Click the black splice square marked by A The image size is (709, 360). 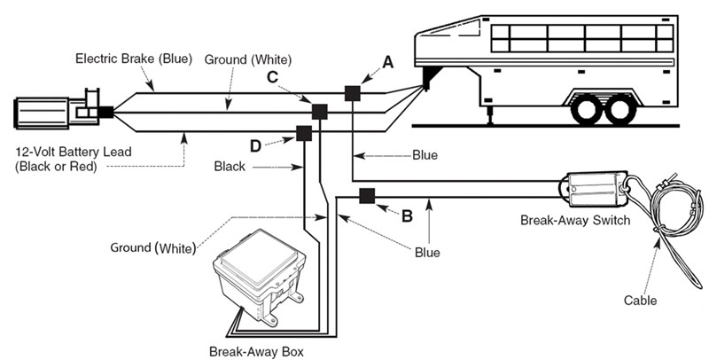pyautogui.click(x=352, y=92)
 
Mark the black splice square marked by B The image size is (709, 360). pyautogui.click(x=364, y=196)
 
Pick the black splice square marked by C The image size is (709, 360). pyautogui.click(x=319, y=112)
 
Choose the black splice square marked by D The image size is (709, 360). pyautogui.click(x=303, y=133)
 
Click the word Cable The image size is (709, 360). pyautogui.click(x=640, y=301)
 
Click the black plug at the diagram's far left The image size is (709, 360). pyautogui.click(x=105, y=112)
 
